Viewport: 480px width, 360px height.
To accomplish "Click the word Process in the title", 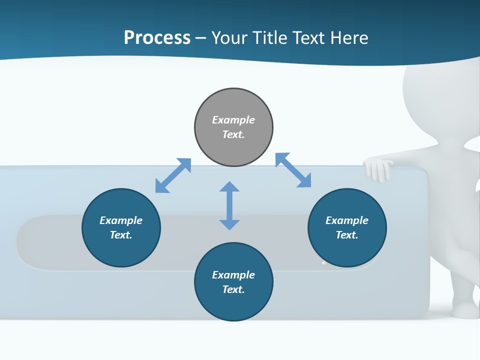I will click(x=157, y=38).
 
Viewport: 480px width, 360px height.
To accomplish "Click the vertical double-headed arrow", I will click(x=229, y=206).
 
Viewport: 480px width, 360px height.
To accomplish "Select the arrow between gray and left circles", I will click(x=173, y=175).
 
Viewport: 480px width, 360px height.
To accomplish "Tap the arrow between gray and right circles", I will click(x=293, y=170).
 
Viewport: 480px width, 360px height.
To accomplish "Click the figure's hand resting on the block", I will click(x=378, y=169).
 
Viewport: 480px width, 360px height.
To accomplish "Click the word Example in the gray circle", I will click(x=233, y=120).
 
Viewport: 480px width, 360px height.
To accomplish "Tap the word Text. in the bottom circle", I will click(x=233, y=289).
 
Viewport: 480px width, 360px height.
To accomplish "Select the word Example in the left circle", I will click(x=121, y=220).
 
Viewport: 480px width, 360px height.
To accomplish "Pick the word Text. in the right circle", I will click(x=347, y=235).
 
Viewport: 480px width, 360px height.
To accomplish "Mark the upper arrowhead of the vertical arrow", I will click(x=229, y=187).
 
